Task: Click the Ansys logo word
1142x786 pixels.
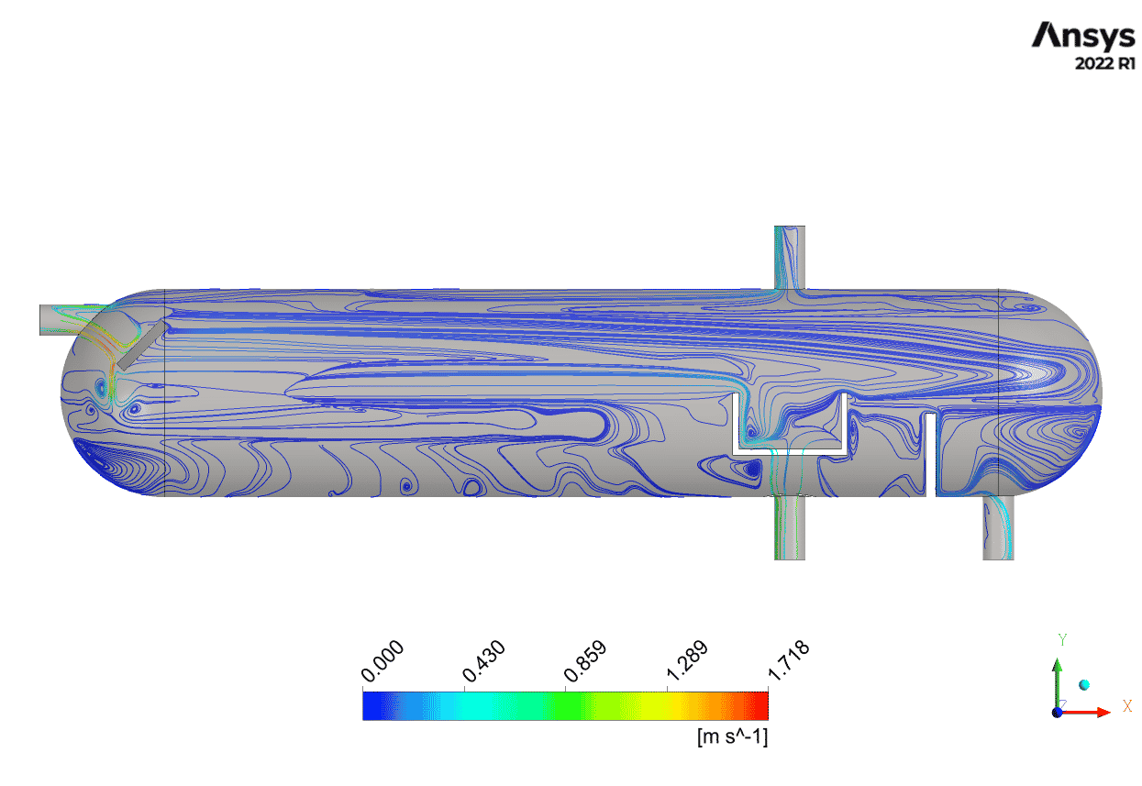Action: pyautogui.click(x=1083, y=36)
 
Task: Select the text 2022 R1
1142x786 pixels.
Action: pyautogui.click(x=1104, y=63)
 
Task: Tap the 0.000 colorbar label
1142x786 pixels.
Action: pyautogui.click(x=383, y=660)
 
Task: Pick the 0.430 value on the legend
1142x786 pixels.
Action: pyautogui.click(x=483, y=660)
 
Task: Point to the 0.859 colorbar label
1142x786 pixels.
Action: pyautogui.click(x=585, y=660)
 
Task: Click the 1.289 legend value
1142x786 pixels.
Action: pyautogui.click(x=687, y=660)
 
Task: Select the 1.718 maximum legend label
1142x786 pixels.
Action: pyautogui.click(x=788, y=660)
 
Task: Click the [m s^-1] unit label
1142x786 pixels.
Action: pyautogui.click(x=732, y=736)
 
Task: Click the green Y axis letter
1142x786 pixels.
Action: pyautogui.click(x=1062, y=640)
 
